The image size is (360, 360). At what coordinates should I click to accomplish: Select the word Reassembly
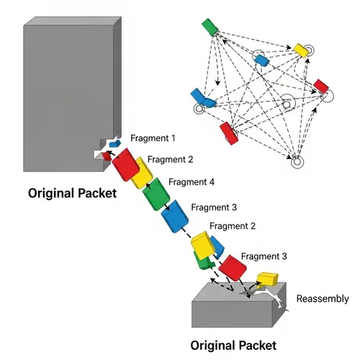pyautogui.click(x=323, y=299)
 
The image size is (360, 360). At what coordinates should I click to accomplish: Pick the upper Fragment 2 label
pyautogui.click(x=169, y=159)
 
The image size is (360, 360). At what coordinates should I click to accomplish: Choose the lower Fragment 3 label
pyautogui.click(x=264, y=256)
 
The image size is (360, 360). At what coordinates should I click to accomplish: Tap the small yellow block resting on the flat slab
pyautogui.click(x=267, y=279)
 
